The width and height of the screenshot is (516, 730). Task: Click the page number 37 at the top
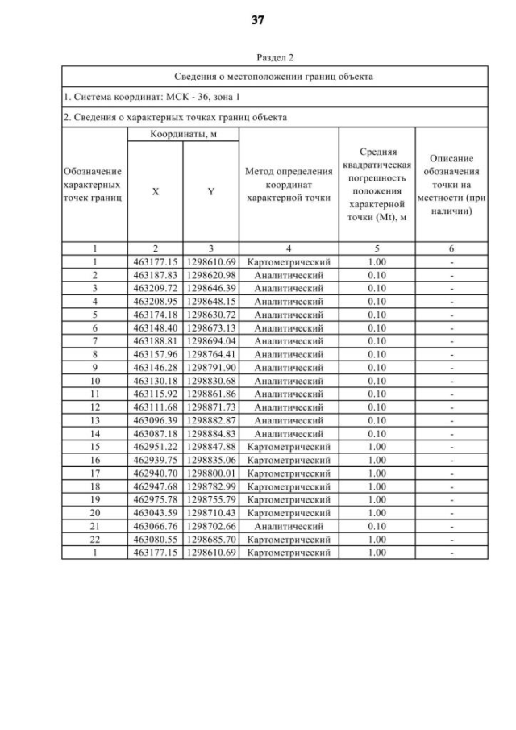click(258, 20)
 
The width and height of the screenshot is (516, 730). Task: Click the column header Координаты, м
click(183, 133)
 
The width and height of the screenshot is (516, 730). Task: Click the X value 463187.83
click(156, 275)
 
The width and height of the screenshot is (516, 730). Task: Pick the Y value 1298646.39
click(211, 288)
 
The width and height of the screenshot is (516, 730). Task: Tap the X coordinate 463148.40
click(156, 327)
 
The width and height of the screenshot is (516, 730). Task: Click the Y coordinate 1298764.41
click(211, 354)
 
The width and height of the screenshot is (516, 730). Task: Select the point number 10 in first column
click(94, 381)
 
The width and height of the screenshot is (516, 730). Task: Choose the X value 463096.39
click(156, 420)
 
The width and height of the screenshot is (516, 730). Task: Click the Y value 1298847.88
click(211, 447)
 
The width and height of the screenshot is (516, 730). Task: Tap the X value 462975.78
click(156, 499)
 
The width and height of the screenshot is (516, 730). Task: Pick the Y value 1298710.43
click(211, 513)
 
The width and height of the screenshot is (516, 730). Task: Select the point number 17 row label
click(94, 473)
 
